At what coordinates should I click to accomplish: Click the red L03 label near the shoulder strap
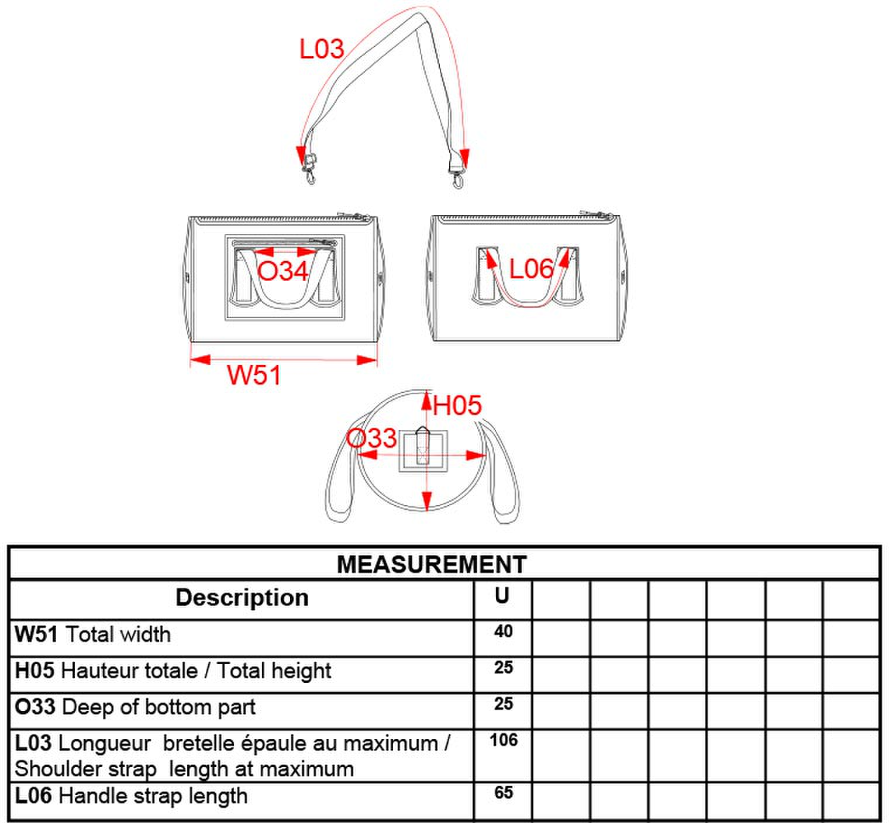pos(322,49)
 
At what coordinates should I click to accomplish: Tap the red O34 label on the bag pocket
pos(282,271)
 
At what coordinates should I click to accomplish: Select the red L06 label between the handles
pos(530,269)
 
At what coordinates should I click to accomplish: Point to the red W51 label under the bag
pos(254,375)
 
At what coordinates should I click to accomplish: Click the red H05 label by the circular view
pos(457,405)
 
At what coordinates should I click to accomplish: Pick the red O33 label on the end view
pos(371,438)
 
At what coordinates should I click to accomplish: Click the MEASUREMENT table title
pos(432,564)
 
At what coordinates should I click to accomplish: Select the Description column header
pos(242,597)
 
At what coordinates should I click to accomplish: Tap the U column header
pos(502,596)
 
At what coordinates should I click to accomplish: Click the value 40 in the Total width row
pos(503,631)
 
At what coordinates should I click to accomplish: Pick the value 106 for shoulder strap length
pos(504,740)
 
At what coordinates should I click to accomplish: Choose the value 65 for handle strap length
pos(504,792)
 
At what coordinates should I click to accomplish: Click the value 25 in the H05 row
pos(504,668)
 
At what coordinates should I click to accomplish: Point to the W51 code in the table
pos(36,634)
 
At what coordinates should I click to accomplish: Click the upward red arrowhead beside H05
pos(427,402)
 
